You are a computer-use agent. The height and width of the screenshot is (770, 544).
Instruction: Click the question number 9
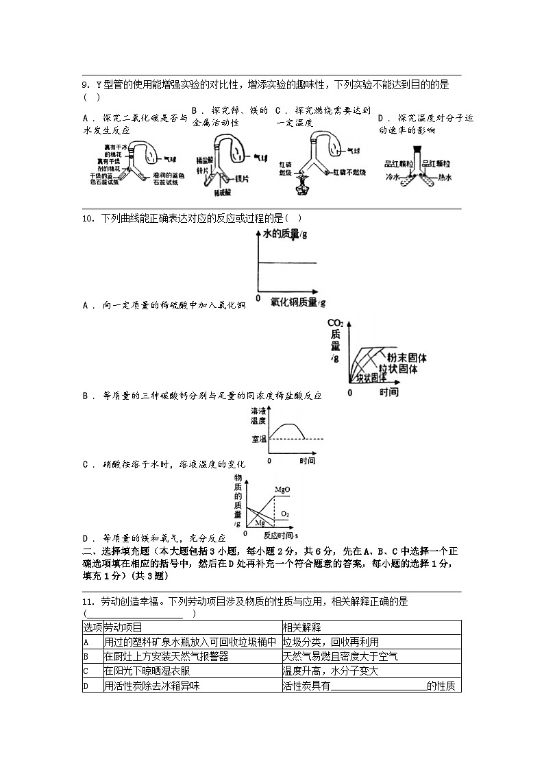[86, 85]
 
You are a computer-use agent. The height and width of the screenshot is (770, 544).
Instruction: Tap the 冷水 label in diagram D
[392, 177]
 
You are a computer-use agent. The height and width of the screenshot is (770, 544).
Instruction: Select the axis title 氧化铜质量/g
[297, 301]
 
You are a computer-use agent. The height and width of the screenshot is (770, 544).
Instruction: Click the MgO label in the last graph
[282, 490]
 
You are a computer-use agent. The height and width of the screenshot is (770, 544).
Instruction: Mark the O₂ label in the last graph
[285, 514]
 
